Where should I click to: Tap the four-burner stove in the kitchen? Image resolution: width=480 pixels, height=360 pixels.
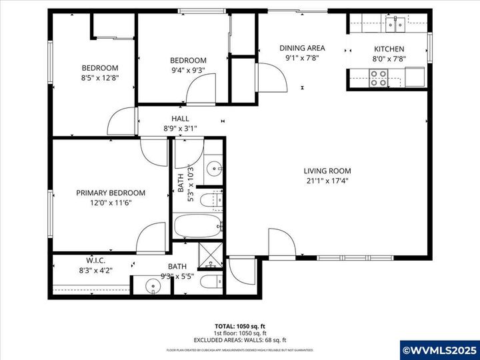click(x=379, y=79)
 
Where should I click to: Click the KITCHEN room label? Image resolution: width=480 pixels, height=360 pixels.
click(x=389, y=49)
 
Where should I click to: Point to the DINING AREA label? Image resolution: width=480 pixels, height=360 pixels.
click(x=302, y=48)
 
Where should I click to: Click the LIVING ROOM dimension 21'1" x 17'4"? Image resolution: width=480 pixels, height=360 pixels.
click(x=327, y=180)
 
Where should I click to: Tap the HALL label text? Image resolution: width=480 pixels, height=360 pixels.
click(x=180, y=119)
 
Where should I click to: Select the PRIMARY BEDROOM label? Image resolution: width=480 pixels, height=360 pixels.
click(x=111, y=193)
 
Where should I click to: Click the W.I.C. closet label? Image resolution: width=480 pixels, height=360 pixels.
click(x=96, y=260)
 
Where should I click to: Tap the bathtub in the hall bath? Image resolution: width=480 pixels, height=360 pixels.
click(x=197, y=225)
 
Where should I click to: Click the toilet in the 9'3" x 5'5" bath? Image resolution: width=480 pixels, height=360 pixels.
click(x=212, y=281)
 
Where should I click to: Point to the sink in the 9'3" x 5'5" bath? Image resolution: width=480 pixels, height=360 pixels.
click(x=153, y=287)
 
